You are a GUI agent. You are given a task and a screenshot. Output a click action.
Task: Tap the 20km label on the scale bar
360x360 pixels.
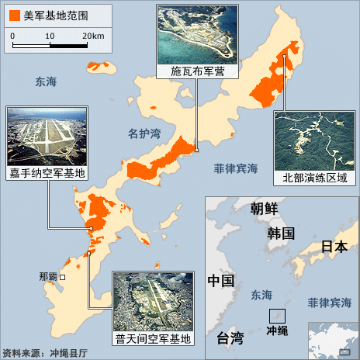(92, 36)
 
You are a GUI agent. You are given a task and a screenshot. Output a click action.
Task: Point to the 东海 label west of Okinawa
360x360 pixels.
(46, 80)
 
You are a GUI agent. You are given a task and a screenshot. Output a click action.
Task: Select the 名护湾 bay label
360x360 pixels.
(144, 133)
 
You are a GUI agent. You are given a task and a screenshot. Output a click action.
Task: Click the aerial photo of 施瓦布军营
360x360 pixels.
(196, 35)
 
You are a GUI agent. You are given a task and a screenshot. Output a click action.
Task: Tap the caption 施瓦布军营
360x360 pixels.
(196, 71)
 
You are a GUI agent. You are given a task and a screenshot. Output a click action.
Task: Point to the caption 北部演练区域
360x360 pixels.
(314, 178)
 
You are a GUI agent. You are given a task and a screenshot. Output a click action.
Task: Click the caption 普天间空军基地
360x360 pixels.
(153, 338)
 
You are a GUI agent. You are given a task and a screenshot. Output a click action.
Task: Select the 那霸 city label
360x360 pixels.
(48, 277)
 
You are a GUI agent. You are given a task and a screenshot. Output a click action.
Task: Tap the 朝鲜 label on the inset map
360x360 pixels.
(265, 208)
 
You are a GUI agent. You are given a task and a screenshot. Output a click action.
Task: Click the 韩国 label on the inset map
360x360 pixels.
(280, 233)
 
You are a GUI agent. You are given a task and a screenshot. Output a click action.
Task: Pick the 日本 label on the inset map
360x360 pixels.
(334, 247)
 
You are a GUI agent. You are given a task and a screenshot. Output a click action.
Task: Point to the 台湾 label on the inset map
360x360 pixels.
(229, 337)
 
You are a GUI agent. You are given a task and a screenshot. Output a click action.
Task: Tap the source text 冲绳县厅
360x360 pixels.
(68, 353)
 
